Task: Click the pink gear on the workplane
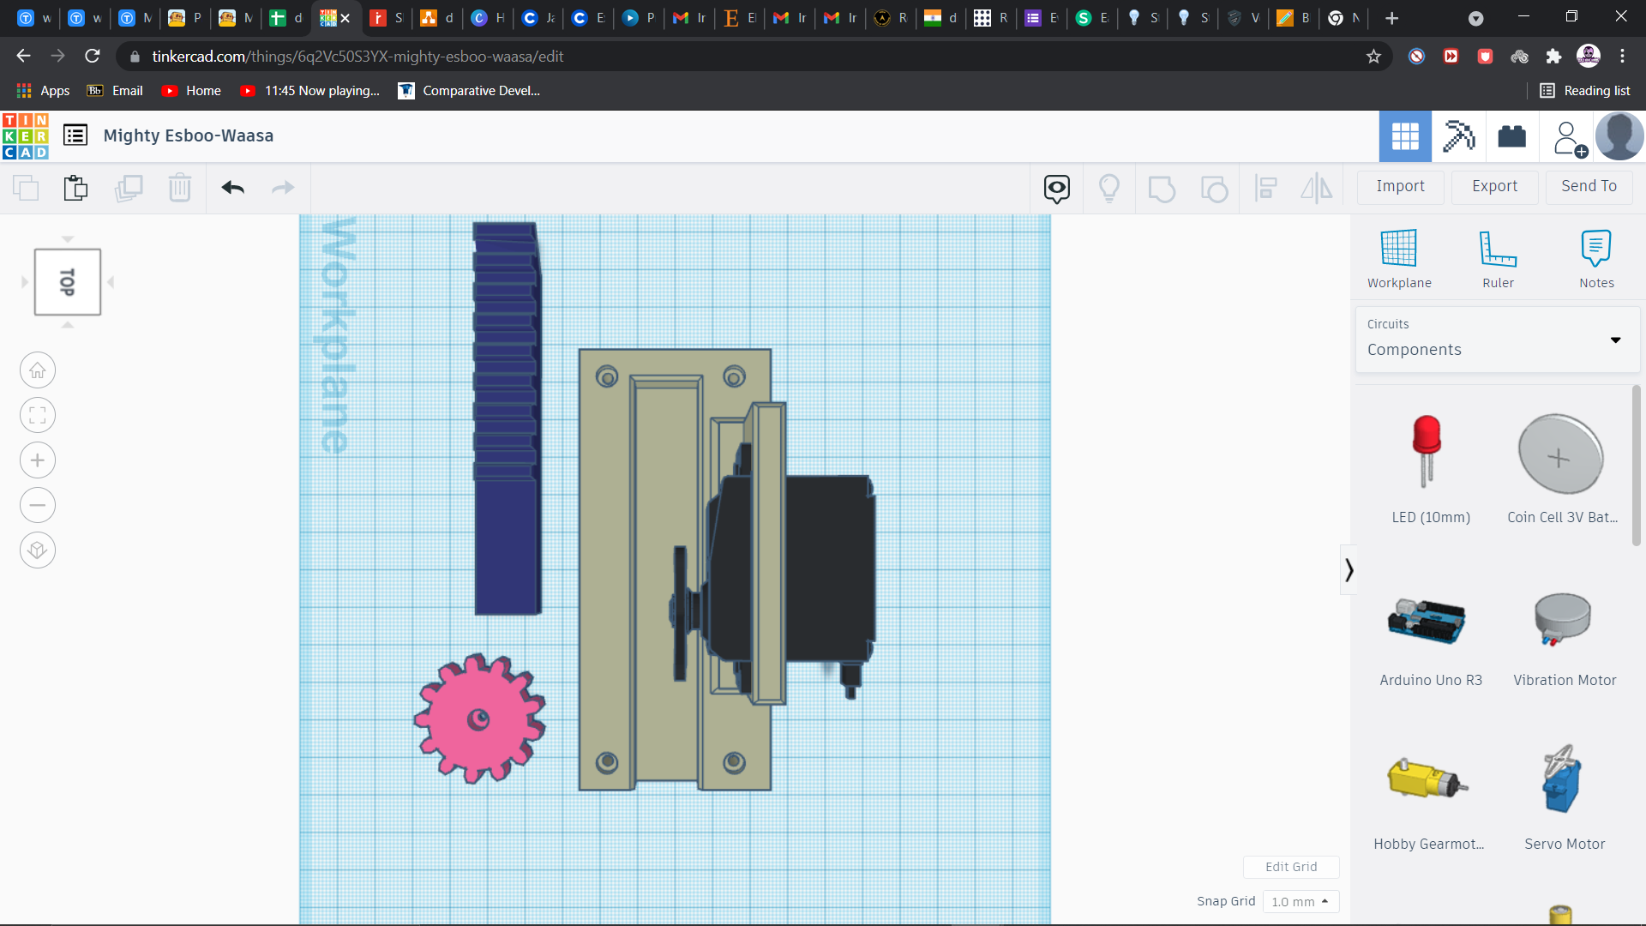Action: [x=479, y=719]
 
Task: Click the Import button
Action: [x=1400, y=186]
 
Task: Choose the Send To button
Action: [x=1589, y=186]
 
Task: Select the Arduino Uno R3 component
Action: [x=1427, y=622]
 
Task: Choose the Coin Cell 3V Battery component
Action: [x=1560, y=454]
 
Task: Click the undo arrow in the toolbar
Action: [x=232, y=188]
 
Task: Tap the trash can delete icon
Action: [x=180, y=188]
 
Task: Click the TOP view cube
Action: [x=68, y=282]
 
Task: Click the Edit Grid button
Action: [x=1291, y=867]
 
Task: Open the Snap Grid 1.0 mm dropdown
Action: [x=1300, y=902]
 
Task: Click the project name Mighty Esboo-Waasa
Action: [x=189, y=135]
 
